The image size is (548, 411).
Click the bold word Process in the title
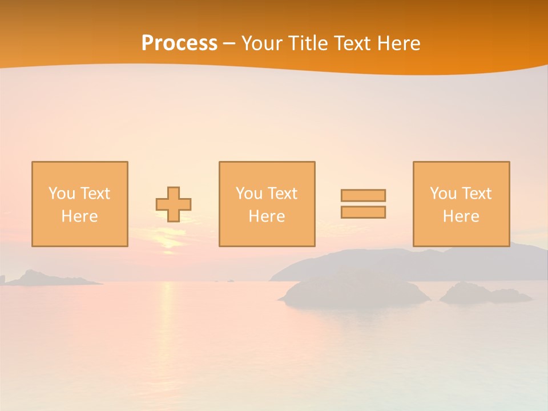pos(179,43)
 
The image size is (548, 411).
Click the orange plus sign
pos(174,204)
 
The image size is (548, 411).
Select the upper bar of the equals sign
pos(363,195)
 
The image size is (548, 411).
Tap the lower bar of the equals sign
pos(363,212)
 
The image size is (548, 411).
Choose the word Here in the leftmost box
pos(79,216)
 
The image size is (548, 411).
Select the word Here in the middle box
pos(267,216)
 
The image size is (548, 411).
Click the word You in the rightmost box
pos(443,194)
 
